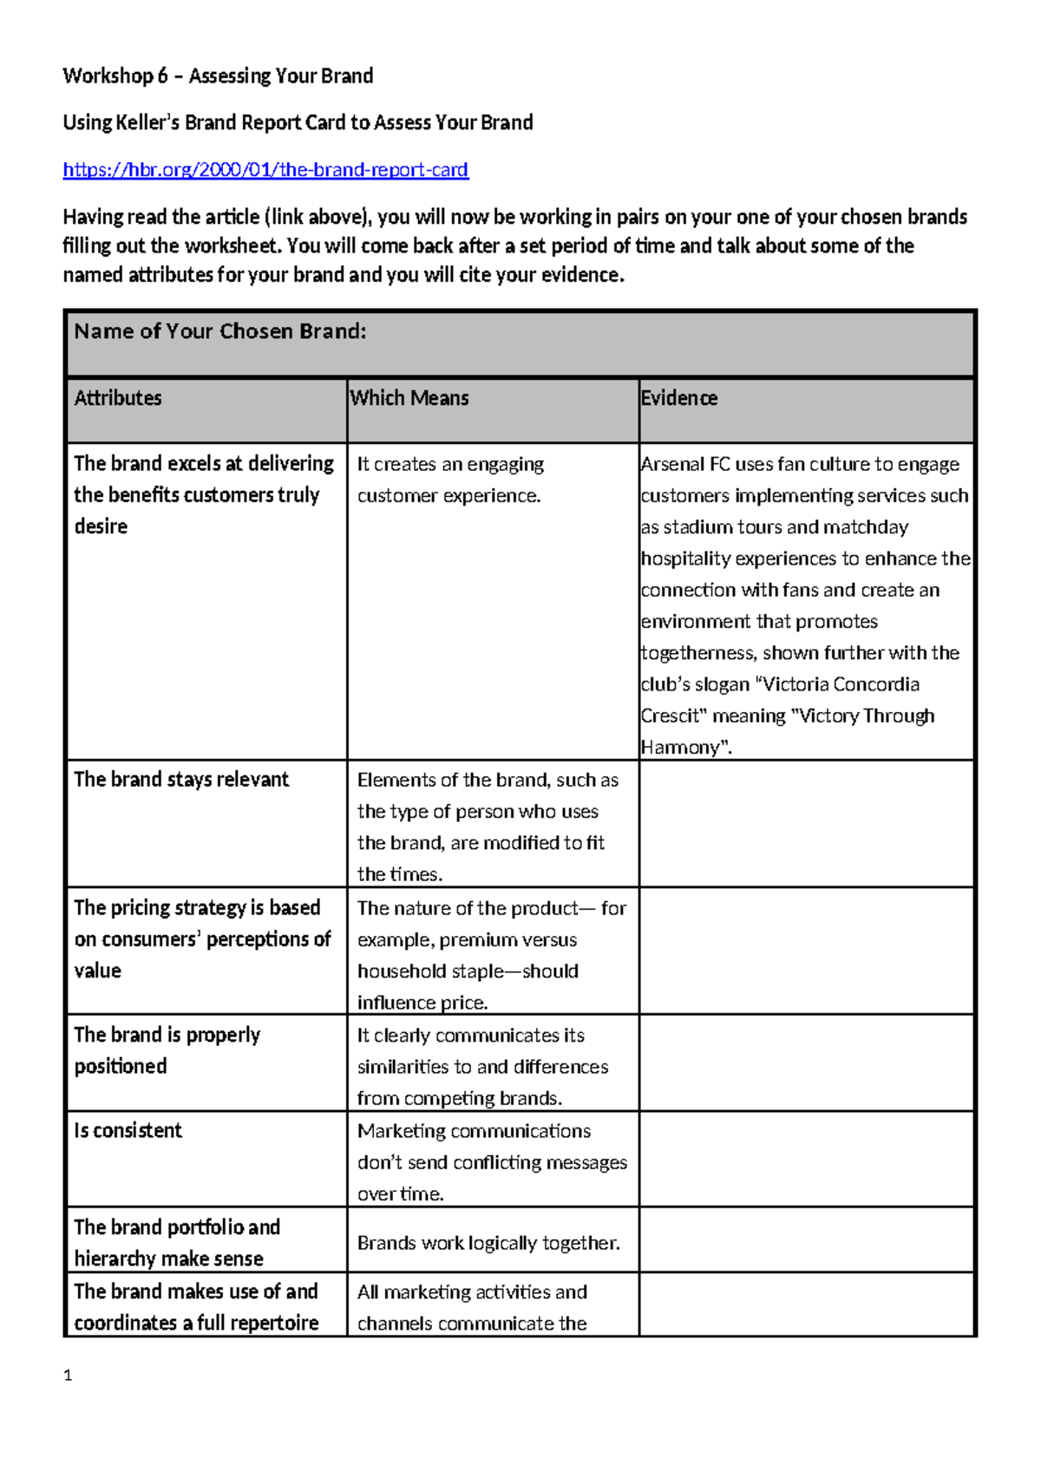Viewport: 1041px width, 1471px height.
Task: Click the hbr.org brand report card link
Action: tap(265, 170)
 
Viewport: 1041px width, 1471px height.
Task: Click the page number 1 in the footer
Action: tap(68, 1376)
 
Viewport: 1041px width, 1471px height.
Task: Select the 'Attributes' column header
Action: tap(118, 398)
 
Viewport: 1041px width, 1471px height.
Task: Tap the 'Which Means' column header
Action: tap(409, 398)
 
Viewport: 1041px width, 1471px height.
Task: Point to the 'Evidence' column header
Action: tap(679, 398)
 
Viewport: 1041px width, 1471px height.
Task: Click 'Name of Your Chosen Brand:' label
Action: tap(220, 331)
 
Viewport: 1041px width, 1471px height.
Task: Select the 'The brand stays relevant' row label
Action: tap(181, 780)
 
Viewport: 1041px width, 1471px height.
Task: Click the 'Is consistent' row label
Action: tap(128, 1131)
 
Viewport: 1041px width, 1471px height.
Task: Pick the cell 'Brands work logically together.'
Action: tap(488, 1243)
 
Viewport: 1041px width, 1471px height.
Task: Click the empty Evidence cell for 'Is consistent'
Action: tap(807, 1159)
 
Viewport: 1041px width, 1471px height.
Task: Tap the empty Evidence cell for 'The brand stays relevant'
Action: tap(807, 824)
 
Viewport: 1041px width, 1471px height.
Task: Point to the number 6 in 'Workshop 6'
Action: tap(162, 76)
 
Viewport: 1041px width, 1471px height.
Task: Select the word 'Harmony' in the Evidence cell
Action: tap(681, 748)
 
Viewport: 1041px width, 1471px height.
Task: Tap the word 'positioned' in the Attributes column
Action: tap(121, 1067)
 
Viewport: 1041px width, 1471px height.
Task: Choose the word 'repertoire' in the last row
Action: tap(276, 1324)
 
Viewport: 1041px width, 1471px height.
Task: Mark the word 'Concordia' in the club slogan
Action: tap(876, 684)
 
